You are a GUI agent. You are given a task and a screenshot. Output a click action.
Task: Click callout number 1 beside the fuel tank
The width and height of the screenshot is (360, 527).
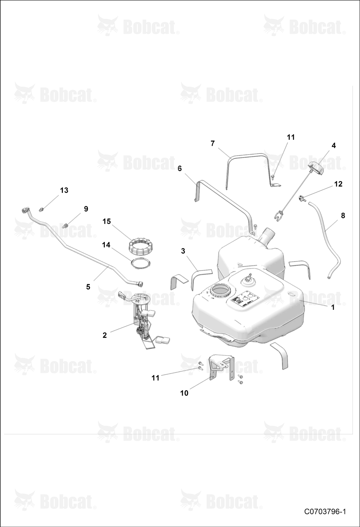pos(333,307)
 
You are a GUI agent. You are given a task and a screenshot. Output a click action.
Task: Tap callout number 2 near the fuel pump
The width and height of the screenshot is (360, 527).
pos(105,335)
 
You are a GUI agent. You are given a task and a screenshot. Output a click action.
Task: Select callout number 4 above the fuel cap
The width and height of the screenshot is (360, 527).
pos(334,145)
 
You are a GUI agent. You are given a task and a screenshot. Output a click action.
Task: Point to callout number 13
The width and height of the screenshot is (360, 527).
pos(64,190)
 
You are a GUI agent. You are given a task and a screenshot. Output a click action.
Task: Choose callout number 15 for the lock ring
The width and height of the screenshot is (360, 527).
pos(107,221)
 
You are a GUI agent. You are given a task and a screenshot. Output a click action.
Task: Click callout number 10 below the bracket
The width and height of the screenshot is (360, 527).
pos(184,393)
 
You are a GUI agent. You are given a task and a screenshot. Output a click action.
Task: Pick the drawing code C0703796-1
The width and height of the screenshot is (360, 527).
pos(325,512)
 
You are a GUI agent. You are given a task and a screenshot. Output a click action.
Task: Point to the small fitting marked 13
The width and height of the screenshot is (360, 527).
pos(41,209)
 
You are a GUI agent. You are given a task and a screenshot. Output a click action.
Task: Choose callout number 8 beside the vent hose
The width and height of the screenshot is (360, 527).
pos(343,216)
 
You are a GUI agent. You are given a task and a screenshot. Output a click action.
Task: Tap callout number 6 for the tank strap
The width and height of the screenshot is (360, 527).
pos(180,168)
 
